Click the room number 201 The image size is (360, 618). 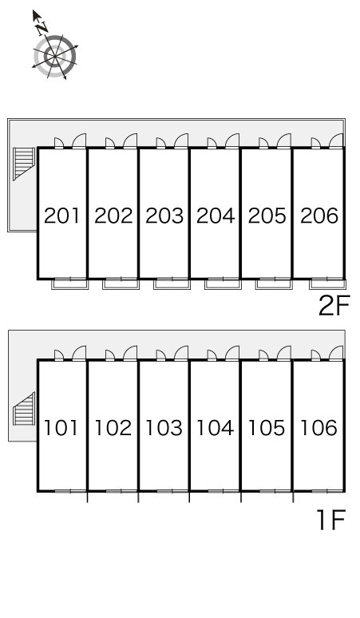click(x=61, y=216)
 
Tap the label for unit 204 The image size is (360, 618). click(x=216, y=216)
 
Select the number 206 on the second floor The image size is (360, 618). click(x=319, y=216)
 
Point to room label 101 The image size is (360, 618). click(x=61, y=428)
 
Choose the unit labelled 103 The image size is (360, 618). click(x=164, y=428)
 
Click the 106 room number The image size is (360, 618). click(x=318, y=428)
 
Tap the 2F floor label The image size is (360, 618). click(x=334, y=306)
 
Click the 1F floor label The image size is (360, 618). click(x=331, y=520)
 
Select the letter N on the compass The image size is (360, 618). click(x=42, y=29)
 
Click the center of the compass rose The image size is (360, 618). click(x=55, y=57)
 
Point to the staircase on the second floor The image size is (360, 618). click(x=24, y=163)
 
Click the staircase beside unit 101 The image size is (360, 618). click(x=24, y=409)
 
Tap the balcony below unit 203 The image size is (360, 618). click(x=172, y=283)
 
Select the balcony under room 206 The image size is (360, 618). click(x=328, y=283)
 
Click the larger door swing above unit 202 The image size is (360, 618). click(x=130, y=141)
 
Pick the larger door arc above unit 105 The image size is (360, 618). click(x=284, y=353)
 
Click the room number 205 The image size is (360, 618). click(x=267, y=216)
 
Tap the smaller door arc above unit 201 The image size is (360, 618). click(x=59, y=143)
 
